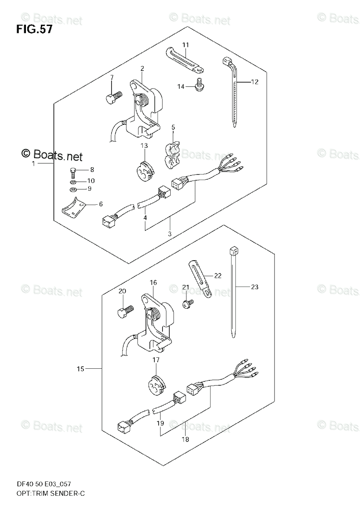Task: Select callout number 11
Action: [186, 45]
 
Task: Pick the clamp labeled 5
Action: [172, 152]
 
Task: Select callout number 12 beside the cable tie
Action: [254, 82]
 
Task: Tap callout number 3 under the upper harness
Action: [170, 234]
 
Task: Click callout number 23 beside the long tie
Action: [254, 287]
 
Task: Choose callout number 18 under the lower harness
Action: [184, 439]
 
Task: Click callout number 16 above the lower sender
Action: [153, 282]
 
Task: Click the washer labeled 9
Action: [72, 189]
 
